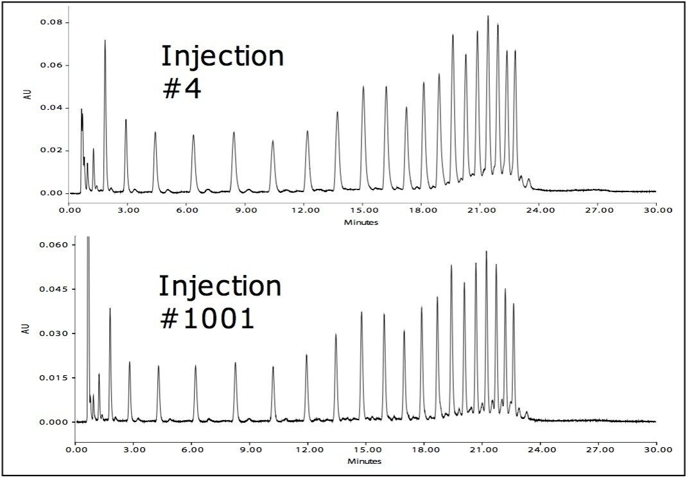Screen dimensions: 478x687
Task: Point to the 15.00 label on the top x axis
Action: (x=363, y=209)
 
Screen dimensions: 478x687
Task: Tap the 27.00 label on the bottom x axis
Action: (x=597, y=451)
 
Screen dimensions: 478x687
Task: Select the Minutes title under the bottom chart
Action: (x=365, y=461)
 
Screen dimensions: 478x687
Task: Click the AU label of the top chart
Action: (x=29, y=103)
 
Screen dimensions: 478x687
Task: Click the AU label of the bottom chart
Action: (x=26, y=330)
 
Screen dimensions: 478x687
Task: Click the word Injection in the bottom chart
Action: (x=220, y=286)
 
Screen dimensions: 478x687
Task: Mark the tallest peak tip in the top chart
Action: (x=488, y=16)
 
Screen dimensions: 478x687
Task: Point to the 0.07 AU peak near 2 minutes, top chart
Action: (x=105, y=40)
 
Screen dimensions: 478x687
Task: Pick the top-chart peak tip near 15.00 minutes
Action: (x=363, y=87)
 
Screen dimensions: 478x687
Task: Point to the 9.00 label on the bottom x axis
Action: (x=249, y=451)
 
